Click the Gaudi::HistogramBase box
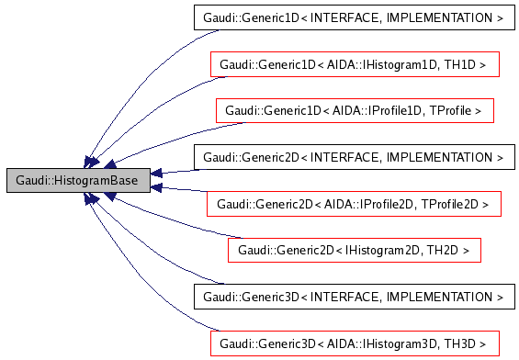pyautogui.click(x=78, y=181)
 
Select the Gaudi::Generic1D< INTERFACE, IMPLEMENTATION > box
pyautogui.click(x=353, y=17)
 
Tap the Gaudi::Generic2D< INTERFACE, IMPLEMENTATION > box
pyautogui.click(x=353, y=158)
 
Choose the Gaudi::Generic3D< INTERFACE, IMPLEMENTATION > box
pyautogui.click(x=353, y=298)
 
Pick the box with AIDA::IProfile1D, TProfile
pyautogui.click(x=355, y=111)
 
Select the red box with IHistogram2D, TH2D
pyautogui.click(x=354, y=251)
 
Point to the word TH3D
pyautogui.click(x=468, y=344)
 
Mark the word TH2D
pyautogui.click(x=442, y=251)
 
